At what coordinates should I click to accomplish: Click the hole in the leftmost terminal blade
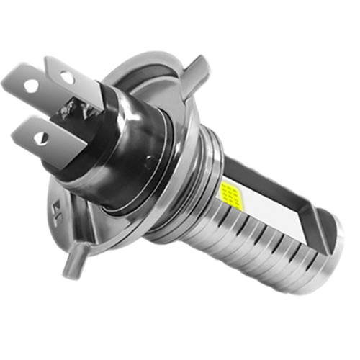32,85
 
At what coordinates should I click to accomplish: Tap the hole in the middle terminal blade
66,76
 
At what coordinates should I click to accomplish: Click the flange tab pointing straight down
70,264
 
